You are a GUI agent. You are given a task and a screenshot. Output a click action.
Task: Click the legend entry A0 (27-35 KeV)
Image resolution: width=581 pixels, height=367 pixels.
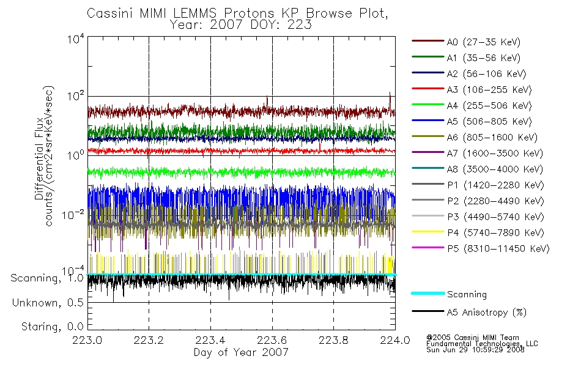pyautogui.click(x=483, y=42)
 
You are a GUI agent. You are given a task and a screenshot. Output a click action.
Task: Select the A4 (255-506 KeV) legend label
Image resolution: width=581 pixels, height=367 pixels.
pyautogui.click(x=489, y=106)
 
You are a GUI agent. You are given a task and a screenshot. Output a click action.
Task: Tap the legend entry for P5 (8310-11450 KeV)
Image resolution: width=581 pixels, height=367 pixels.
pyautogui.click(x=498, y=248)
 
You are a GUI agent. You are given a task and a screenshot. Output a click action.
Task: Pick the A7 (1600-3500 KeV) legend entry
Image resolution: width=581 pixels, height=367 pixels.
pyautogui.click(x=495, y=153)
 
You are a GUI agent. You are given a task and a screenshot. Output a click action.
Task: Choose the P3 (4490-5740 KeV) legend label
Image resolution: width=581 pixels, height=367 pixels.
pyautogui.click(x=496, y=217)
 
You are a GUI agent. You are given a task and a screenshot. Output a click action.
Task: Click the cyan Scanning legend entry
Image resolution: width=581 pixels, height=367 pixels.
pyautogui.click(x=467, y=294)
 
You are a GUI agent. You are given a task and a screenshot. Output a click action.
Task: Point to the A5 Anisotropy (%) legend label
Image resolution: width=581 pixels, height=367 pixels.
pyautogui.click(x=487, y=313)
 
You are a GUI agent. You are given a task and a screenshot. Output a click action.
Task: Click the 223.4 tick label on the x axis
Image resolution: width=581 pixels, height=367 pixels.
pyautogui.click(x=210, y=340)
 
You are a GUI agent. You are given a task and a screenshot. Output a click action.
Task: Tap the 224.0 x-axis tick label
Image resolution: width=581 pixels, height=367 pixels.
pyautogui.click(x=395, y=340)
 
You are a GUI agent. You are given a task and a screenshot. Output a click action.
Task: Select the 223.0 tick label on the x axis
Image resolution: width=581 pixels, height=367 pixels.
pyautogui.click(x=87, y=340)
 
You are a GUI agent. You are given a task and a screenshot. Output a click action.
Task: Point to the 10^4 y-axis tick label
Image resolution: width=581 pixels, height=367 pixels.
pyautogui.click(x=76, y=39)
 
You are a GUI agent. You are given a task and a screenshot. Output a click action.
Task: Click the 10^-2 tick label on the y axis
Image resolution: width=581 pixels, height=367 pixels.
pyautogui.click(x=73, y=214)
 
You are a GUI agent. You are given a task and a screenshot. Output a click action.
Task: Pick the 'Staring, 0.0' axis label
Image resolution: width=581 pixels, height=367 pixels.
pyautogui.click(x=52, y=327)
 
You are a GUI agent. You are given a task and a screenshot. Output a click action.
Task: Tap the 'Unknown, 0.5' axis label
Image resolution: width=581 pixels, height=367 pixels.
pyautogui.click(x=48, y=303)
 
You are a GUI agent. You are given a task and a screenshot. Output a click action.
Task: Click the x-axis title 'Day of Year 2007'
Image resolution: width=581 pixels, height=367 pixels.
pyautogui.click(x=241, y=352)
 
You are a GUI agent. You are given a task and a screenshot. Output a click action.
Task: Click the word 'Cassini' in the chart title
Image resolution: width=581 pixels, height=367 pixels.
pyautogui.click(x=110, y=13)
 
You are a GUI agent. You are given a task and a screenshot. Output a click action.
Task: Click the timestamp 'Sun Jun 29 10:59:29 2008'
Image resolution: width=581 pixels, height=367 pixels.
pyautogui.click(x=475, y=350)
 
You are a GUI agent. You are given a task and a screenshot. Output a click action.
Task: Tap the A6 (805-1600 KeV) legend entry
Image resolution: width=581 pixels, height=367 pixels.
pyautogui.click(x=492, y=137)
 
